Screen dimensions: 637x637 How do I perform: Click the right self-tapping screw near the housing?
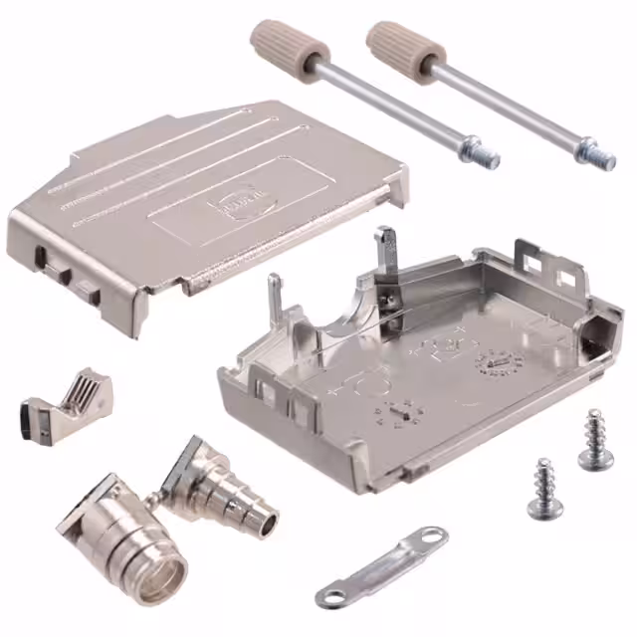[595, 441]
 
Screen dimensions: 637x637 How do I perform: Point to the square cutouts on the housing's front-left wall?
[284, 398]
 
